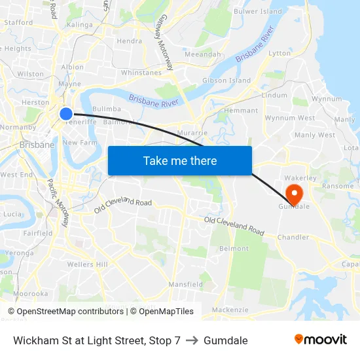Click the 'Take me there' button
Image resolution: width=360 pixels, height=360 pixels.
(180, 160)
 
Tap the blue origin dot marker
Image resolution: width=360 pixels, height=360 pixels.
(66, 114)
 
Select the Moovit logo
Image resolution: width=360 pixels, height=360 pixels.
(321, 339)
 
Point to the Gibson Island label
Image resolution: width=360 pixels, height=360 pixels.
(226, 81)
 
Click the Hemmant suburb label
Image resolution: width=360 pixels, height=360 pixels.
(242, 111)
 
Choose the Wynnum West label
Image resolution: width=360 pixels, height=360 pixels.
(289, 118)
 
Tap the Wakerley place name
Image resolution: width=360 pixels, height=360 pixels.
(300, 177)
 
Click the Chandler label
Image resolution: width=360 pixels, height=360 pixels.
(293, 237)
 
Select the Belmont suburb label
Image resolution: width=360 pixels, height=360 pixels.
(234, 249)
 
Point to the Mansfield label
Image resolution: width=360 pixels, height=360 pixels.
(185, 285)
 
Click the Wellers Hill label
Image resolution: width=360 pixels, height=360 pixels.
(87, 264)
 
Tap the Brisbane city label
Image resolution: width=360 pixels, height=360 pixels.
(37, 145)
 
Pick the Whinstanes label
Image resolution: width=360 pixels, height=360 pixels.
(141, 73)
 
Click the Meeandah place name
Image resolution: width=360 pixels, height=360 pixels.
(203, 54)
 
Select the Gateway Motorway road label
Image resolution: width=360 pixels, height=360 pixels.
(166, 43)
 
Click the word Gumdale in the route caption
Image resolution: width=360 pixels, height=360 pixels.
(226, 340)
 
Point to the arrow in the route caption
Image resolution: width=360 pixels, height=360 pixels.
(192, 340)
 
